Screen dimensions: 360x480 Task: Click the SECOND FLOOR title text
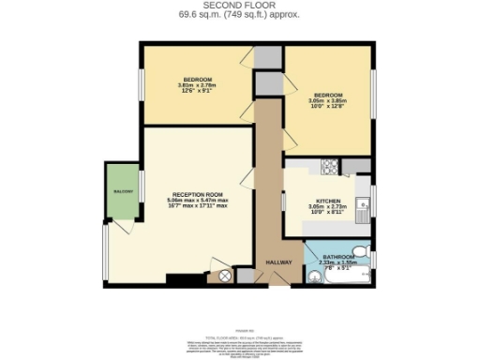click(x=239, y=6)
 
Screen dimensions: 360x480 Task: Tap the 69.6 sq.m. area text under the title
click(x=239, y=15)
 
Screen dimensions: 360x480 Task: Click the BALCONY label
click(x=123, y=191)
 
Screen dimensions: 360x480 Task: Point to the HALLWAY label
click(x=279, y=262)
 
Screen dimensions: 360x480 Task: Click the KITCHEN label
click(x=327, y=202)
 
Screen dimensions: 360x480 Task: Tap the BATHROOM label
click(x=338, y=257)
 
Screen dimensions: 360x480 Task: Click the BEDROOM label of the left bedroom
click(x=197, y=79)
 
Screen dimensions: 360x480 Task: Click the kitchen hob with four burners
click(x=330, y=168)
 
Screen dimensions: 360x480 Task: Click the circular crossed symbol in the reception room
click(x=224, y=276)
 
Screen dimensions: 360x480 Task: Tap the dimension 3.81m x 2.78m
click(x=197, y=85)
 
